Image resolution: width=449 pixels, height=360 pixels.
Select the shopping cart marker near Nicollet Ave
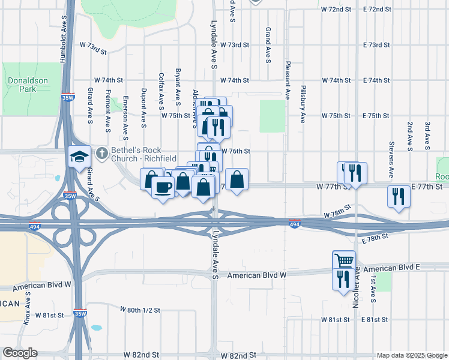point(344,261)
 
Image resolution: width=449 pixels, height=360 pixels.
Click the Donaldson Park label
point(22,84)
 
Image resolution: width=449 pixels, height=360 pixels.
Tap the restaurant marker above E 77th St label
point(399,196)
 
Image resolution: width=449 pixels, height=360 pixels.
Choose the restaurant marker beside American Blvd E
point(343,279)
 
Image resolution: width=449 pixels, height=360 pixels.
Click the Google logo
point(20,353)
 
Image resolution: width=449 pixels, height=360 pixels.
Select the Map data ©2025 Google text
point(411,355)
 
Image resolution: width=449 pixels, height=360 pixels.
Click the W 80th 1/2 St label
point(140,310)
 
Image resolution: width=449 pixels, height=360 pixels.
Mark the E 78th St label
point(377,238)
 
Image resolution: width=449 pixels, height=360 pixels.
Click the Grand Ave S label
point(268,44)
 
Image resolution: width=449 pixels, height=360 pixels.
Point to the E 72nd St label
point(377,10)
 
